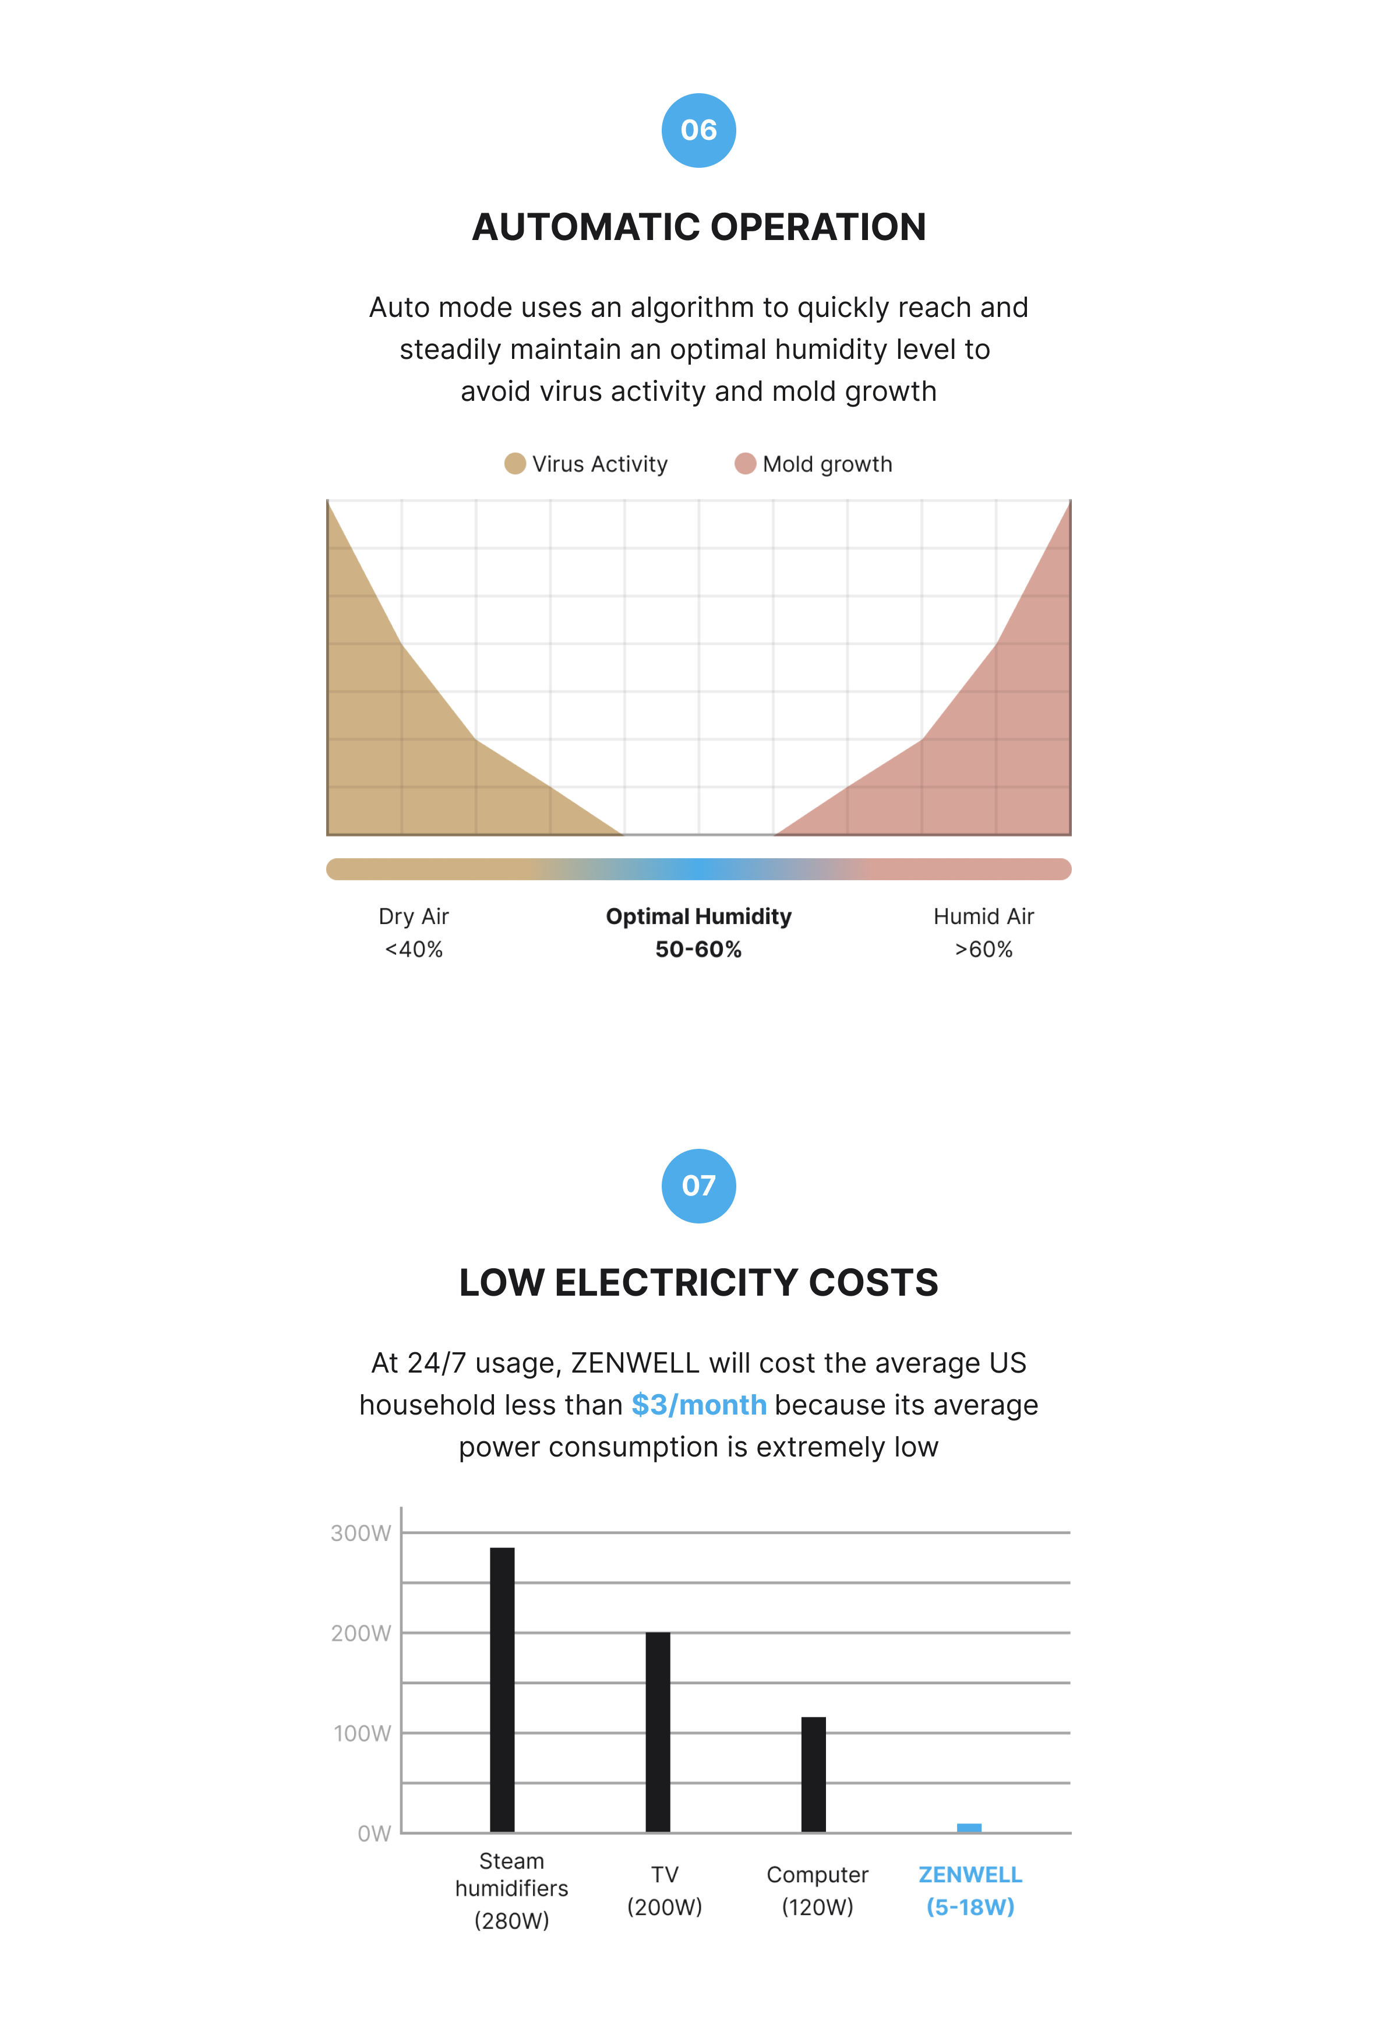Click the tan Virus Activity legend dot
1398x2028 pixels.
tap(515, 463)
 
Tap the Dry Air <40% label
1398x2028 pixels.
tap(414, 932)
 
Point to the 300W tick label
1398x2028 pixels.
tap(361, 1533)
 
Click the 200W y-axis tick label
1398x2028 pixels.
tap(361, 1633)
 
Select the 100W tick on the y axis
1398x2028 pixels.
tap(362, 1733)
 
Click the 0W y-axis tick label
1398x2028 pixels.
tap(374, 1833)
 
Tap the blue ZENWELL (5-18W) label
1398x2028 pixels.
tap(970, 1891)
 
